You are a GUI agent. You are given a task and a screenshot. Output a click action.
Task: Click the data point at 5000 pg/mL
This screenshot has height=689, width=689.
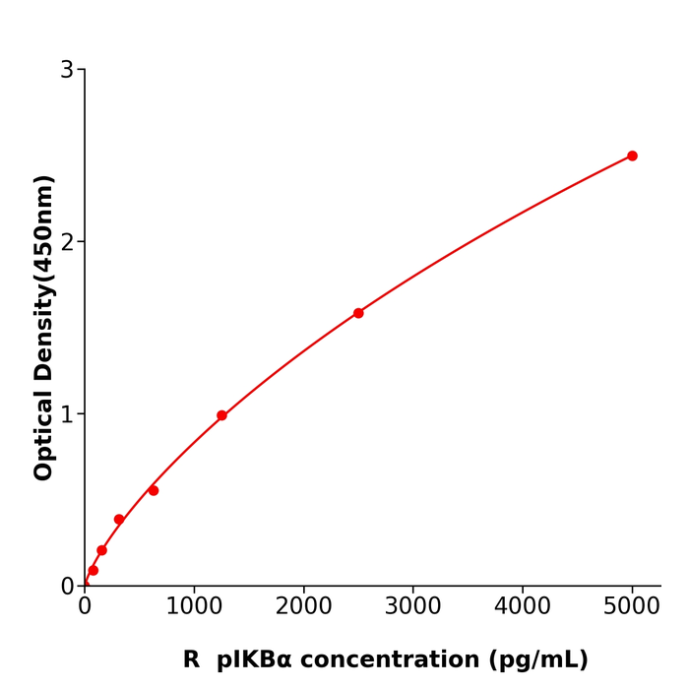point(632,156)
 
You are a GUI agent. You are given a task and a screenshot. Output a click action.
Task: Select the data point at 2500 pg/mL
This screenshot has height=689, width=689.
point(358,313)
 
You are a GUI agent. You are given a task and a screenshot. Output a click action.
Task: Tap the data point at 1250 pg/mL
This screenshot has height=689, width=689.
point(221,415)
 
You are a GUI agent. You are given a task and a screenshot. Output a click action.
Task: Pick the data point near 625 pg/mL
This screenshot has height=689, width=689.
point(154,490)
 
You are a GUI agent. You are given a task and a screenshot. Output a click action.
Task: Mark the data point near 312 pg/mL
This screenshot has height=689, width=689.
point(119,520)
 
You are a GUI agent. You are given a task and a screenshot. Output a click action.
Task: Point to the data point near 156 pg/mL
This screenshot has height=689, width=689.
point(101,550)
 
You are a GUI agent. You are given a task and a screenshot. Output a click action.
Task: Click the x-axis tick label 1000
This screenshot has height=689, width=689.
point(194,606)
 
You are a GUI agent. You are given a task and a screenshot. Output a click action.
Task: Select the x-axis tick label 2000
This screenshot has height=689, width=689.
point(303,606)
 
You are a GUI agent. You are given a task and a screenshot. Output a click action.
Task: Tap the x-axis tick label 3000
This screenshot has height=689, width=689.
point(412,606)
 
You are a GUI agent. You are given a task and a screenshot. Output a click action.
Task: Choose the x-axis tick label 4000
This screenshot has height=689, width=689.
point(522,606)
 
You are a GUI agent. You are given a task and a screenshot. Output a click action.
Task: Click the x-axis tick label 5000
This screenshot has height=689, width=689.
point(632,606)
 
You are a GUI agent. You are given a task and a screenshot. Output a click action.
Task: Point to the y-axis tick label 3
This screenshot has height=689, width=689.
point(67,70)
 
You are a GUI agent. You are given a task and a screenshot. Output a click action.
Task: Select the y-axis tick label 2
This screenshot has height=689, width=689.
point(67,242)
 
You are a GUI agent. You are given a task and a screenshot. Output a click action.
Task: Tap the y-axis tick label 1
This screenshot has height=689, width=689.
point(67,414)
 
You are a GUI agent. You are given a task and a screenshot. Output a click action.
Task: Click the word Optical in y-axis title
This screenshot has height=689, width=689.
point(44,435)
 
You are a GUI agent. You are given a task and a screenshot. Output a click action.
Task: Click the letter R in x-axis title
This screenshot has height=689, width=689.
point(191,660)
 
